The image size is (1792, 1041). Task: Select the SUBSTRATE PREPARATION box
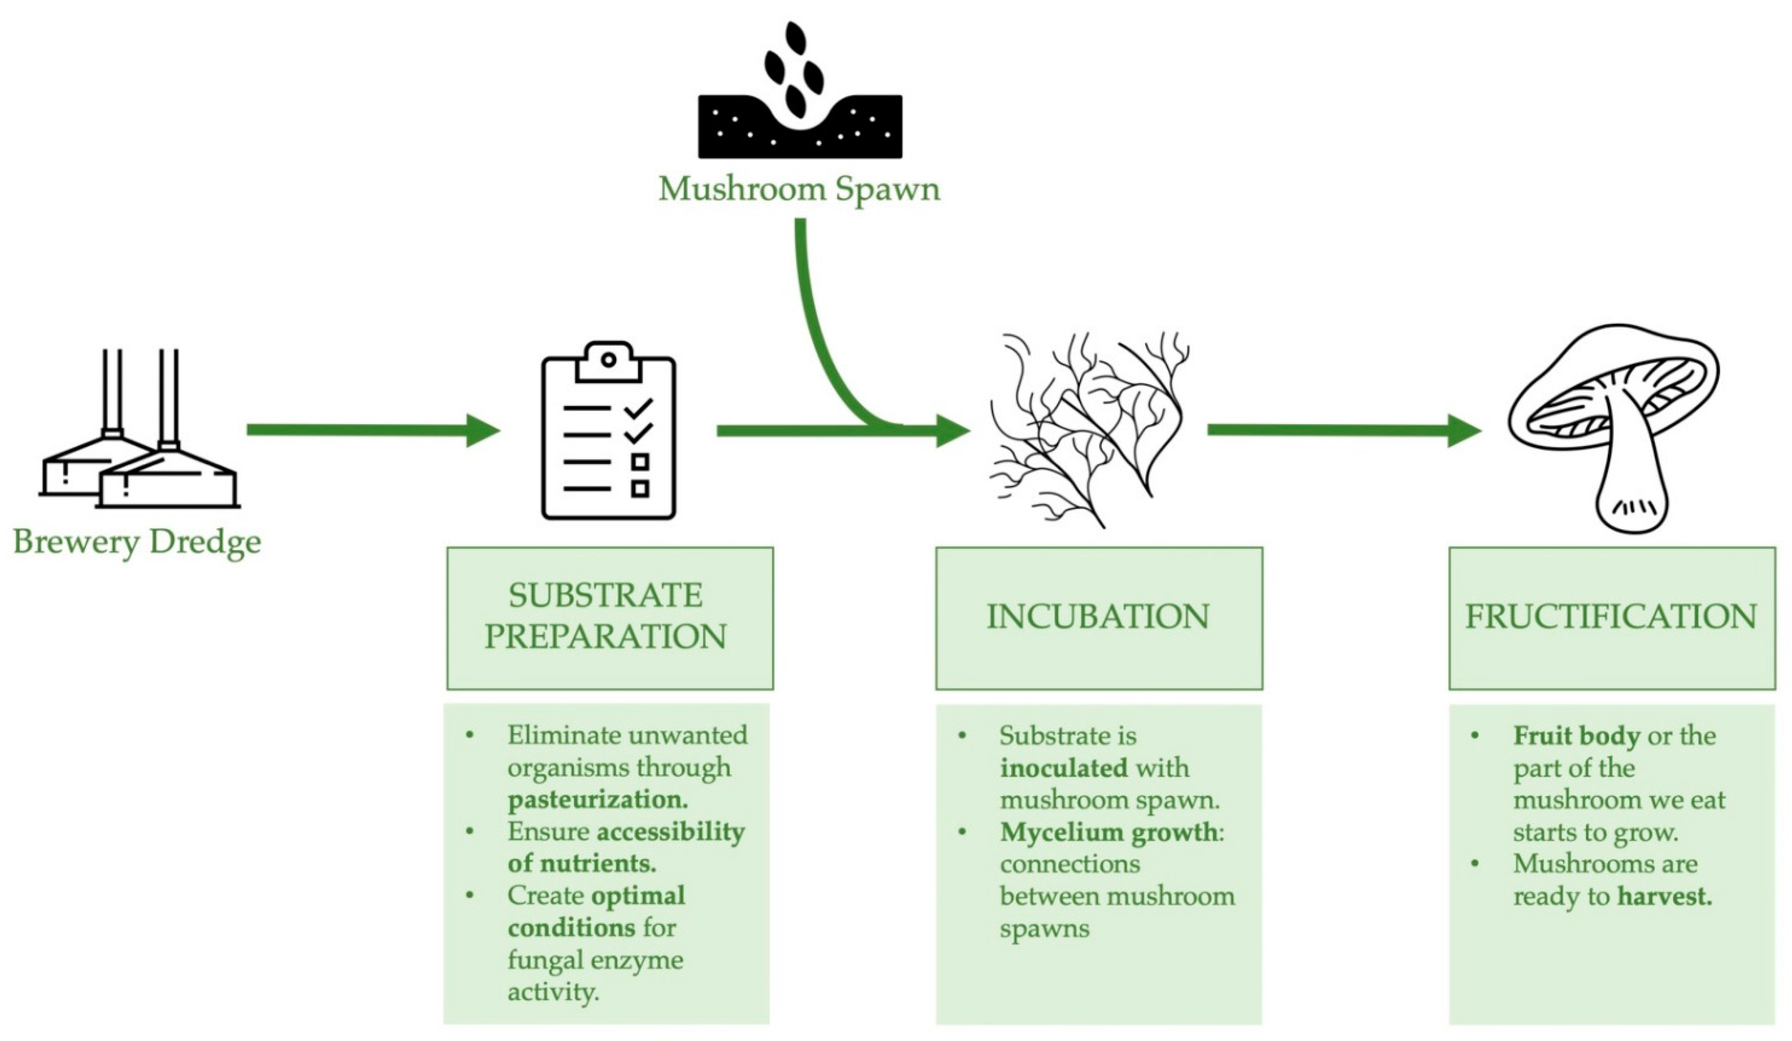(609, 617)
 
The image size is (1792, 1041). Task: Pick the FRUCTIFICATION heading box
(1611, 617)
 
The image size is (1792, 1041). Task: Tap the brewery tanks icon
(138, 434)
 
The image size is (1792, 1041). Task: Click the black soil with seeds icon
(800, 106)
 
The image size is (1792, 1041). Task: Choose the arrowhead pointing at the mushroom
(1464, 430)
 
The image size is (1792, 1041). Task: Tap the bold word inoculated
(1063, 768)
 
